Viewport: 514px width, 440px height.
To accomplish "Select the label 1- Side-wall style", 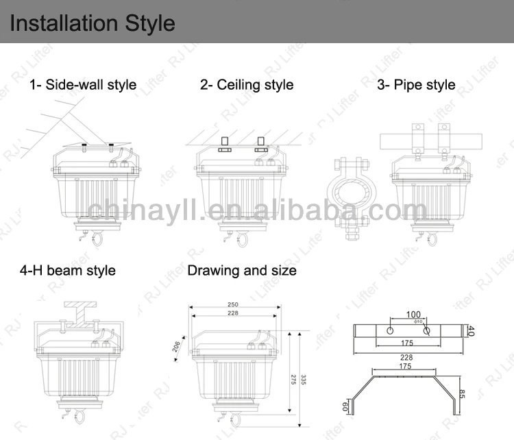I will tap(82, 86).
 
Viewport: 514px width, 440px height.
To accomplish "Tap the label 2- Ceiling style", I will tap(246, 85).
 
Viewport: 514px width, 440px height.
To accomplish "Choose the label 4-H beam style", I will tap(67, 271).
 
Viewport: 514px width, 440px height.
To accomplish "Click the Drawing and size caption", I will tap(242, 271).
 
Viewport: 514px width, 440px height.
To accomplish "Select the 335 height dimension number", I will tap(303, 379).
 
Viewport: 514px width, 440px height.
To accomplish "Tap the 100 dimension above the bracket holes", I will tap(413, 315).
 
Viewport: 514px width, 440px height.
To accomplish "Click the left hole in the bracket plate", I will tap(389, 330).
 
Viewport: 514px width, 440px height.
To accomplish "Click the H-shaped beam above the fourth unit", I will tap(86, 310).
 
